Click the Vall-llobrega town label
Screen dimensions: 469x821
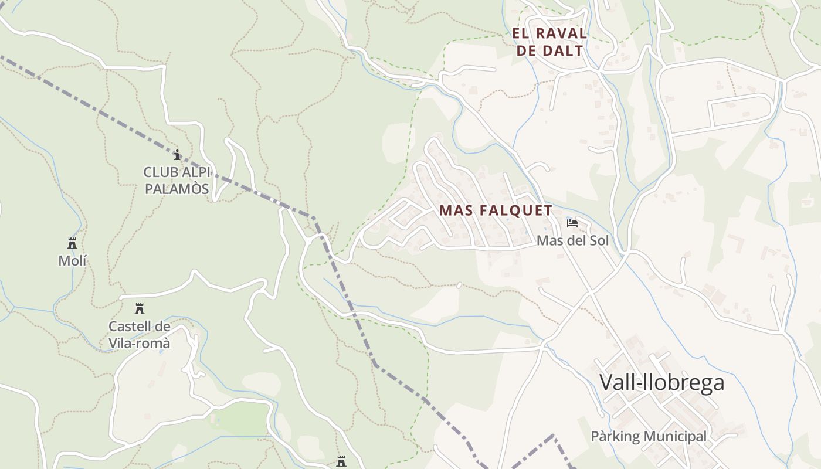point(661,383)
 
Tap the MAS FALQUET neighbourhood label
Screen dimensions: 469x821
point(496,210)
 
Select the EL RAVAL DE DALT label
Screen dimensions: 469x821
point(549,42)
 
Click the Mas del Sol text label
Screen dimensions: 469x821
point(572,241)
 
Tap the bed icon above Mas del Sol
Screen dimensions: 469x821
point(572,223)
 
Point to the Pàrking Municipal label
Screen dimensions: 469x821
point(649,436)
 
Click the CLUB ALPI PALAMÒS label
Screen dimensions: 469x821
point(177,181)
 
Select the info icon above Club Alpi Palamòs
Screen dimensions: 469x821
point(177,155)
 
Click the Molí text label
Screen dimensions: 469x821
point(72,261)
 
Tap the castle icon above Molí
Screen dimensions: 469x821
point(72,243)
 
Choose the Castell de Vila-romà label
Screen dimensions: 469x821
point(140,335)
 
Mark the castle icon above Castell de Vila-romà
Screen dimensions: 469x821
point(140,309)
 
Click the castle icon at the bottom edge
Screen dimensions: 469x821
point(341,461)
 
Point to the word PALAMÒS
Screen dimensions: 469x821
point(177,189)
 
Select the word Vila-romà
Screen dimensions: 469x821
point(140,344)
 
